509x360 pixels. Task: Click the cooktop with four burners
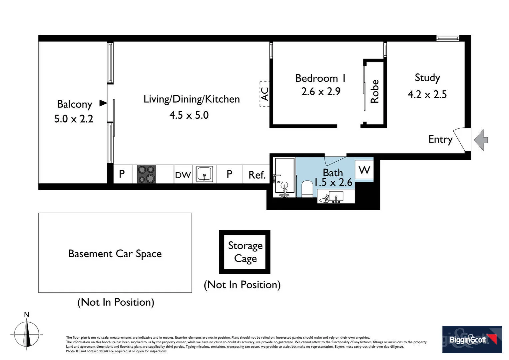pyautogui.click(x=147, y=174)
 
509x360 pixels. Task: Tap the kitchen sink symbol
pyautogui.click(x=204, y=174)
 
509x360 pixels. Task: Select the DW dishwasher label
pyautogui.click(x=183, y=175)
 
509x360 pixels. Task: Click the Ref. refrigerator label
pyautogui.click(x=256, y=175)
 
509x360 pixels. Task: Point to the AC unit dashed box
pyautogui.click(x=264, y=94)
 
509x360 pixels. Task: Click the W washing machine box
pyautogui.click(x=364, y=170)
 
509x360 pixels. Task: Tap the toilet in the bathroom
pyautogui.click(x=306, y=189)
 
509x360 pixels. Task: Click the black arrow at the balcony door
pyautogui.click(x=103, y=103)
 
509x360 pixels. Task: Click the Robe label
pyautogui.click(x=375, y=91)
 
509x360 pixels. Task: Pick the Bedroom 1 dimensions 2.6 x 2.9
pyautogui.click(x=321, y=91)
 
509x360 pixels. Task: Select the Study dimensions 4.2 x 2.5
pyautogui.click(x=427, y=94)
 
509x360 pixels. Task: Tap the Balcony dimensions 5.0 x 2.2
pyautogui.click(x=74, y=119)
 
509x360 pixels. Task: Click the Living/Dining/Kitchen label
pyautogui.click(x=192, y=99)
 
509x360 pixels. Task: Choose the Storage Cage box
pyautogui.click(x=245, y=252)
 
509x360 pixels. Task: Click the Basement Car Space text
pyautogui.click(x=115, y=254)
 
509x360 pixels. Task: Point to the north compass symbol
pyautogui.click(x=27, y=334)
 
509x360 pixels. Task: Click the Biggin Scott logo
pyautogui.click(x=472, y=339)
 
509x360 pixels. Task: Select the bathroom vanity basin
pyautogui.click(x=336, y=197)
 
